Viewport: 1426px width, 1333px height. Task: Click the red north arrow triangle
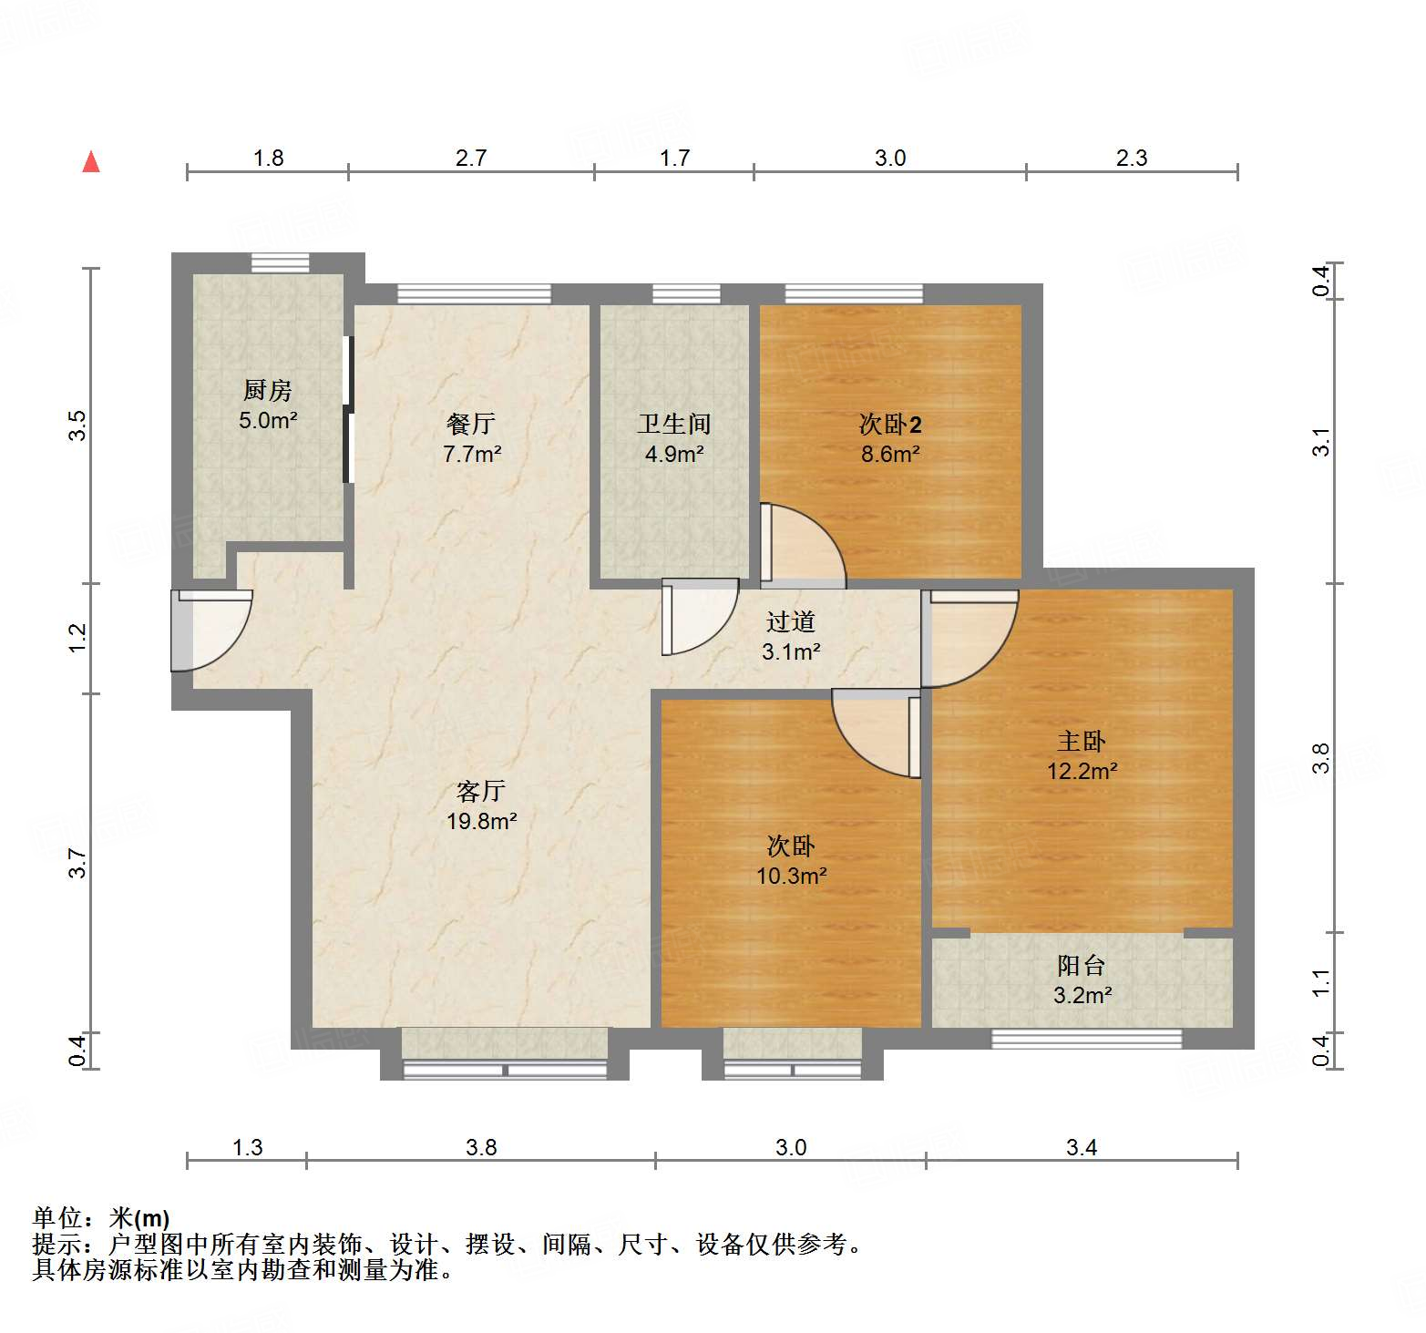(x=91, y=162)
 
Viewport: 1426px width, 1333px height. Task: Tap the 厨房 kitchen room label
(x=268, y=391)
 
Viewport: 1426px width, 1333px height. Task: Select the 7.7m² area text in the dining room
(x=472, y=454)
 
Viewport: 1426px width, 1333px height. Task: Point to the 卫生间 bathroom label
(x=674, y=424)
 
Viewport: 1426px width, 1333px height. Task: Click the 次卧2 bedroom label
(x=890, y=425)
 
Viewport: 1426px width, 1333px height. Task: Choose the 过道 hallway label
(x=791, y=621)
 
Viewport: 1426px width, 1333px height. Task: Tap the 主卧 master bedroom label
(x=1082, y=741)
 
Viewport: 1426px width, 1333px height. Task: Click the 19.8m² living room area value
(x=481, y=821)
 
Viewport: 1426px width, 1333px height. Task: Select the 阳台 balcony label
(x=1082, y=965)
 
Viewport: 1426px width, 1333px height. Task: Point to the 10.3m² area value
(x=791, y=876)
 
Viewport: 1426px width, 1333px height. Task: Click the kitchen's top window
(x=281, y=262)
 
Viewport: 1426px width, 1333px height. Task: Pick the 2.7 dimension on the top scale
(x=471, y=159)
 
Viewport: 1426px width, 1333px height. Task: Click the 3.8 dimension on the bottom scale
(x=481, y=1147)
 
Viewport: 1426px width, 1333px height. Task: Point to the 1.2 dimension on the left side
(x=78, y=637)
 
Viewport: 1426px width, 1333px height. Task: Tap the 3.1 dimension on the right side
(x=1321, y=443)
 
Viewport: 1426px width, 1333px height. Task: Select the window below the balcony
(x=1086, y=1039)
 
